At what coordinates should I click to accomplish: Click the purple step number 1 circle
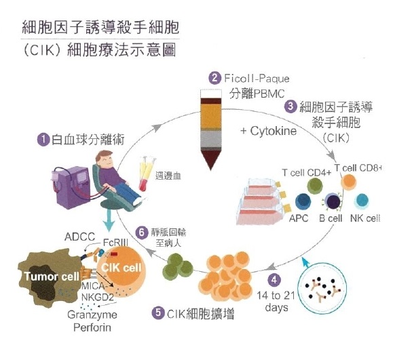pyautogui.click(x=43, y=139)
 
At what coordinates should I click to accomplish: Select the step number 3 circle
pyautogui.click(x=290, y=106)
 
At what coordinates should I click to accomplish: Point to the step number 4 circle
pyautogui.click(x=274, y=279)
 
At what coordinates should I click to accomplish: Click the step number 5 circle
pyautogui.click(x=157, y=313)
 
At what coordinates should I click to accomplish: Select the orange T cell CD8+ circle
pyautogui.click(x=350, y=182)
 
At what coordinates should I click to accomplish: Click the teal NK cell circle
pyautogui.click(x=362, y=201)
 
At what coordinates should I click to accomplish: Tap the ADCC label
pyautogui.click(x=77, y=237)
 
